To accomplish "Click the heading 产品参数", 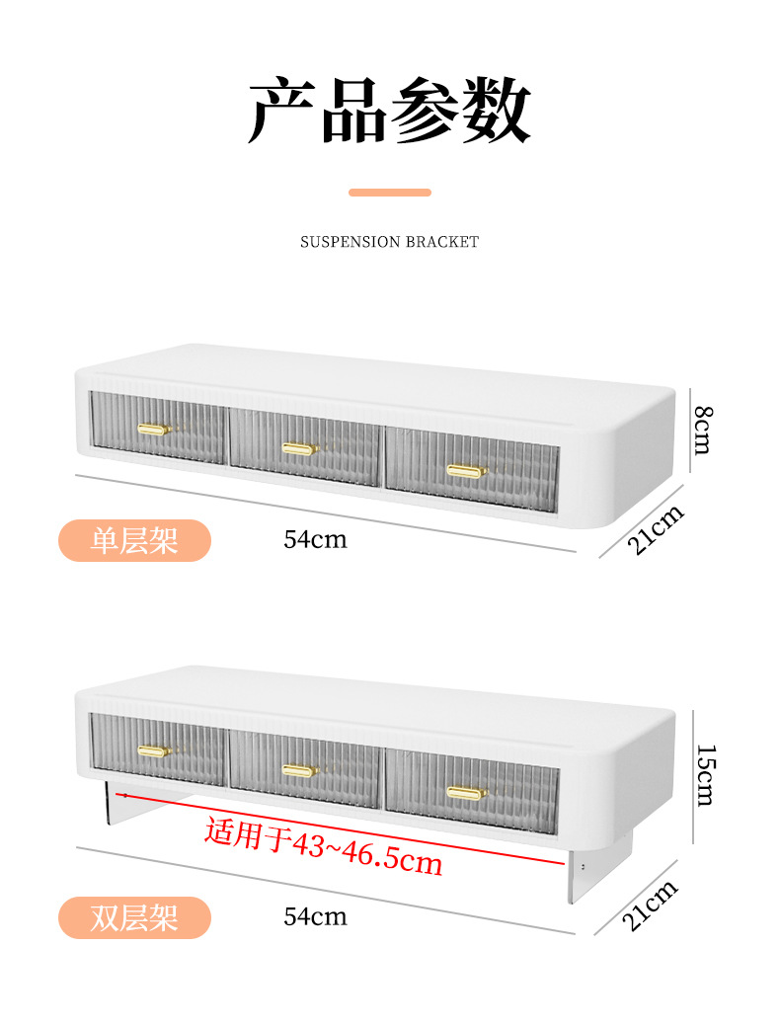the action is (389, 112).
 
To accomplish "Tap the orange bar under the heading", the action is (389, 193).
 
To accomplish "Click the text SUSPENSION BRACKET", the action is (389, 242).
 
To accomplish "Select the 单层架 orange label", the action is (134, 540).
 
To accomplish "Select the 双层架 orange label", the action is (134, 917).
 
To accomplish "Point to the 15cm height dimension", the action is (702, 775).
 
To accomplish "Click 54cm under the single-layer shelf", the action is (315, 539).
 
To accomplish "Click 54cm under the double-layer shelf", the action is (315, 916).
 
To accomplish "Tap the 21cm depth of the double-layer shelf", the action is (652, 906).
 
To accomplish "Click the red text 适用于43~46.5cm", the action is (323, 847).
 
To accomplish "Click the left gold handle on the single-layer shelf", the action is (154, 429).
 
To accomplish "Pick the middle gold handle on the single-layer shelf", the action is (298, 448).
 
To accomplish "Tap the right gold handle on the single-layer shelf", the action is (466, 471).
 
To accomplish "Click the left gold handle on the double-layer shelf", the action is (154, 751).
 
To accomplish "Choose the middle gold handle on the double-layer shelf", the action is (298, 770).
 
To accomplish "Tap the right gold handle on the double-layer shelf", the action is (466, 792).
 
